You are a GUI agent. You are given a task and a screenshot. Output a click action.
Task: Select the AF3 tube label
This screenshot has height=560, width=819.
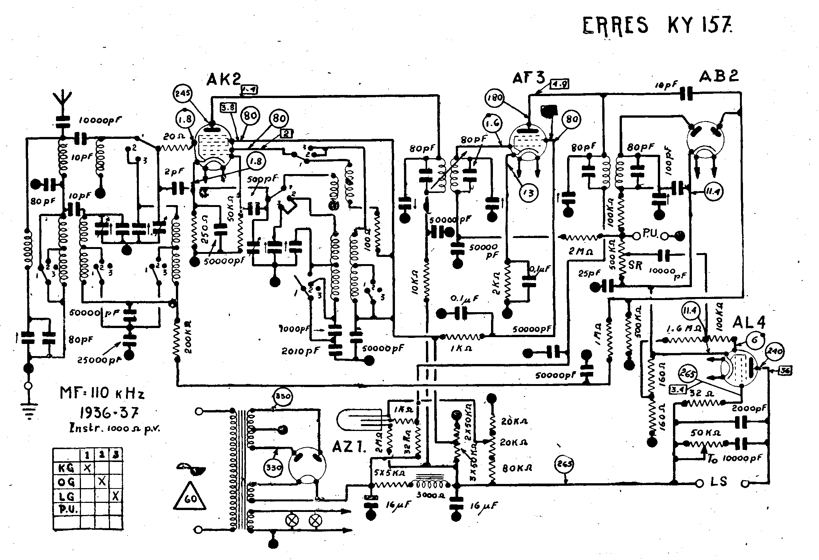[x=528, y=78]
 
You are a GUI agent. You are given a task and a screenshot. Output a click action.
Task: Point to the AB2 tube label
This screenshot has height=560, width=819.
[x=718, y=77]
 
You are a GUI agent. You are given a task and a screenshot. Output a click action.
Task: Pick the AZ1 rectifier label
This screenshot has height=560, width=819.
[x=350, y=447]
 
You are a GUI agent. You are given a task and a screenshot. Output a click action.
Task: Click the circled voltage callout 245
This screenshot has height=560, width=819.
[x=183, y=93]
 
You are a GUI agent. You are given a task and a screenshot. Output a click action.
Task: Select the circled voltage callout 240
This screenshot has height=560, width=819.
[x=775, y=350]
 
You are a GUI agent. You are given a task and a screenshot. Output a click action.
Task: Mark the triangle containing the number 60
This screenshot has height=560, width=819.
[x=190, y=498]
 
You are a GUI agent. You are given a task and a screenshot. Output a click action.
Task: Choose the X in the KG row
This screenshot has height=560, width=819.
[x=87, y=468]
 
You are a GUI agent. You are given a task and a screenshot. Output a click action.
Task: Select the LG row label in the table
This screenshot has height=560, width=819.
[x=66, y=496]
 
